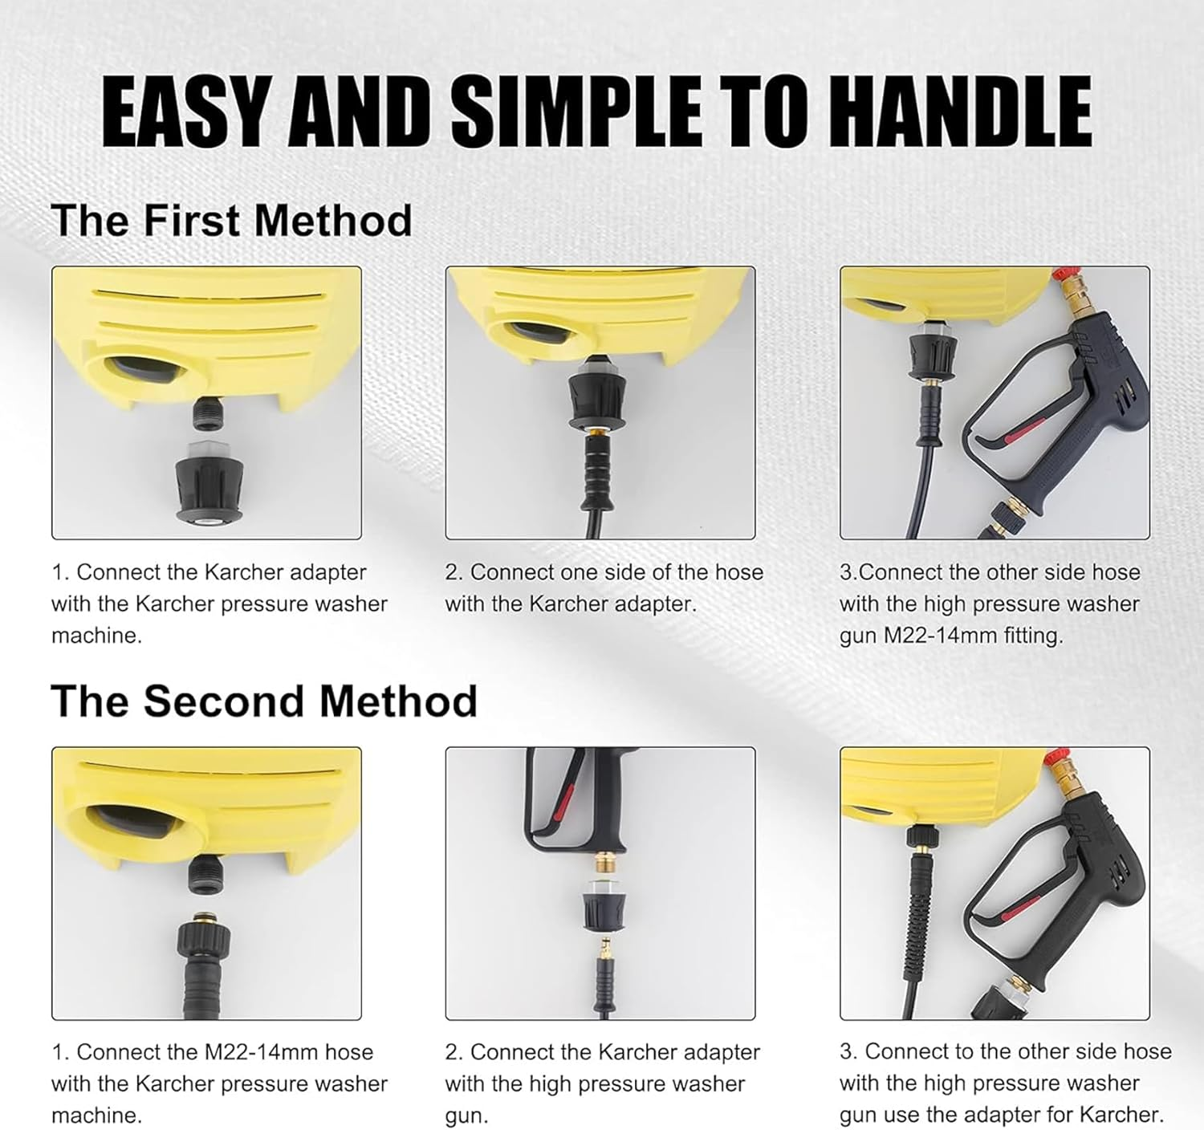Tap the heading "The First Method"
tap(231, 221)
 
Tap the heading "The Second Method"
tap(263, 701)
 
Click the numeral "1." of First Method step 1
tap(61, 572)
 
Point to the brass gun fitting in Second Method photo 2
tap(600, 864)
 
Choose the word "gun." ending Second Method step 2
tap(466, 1116)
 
